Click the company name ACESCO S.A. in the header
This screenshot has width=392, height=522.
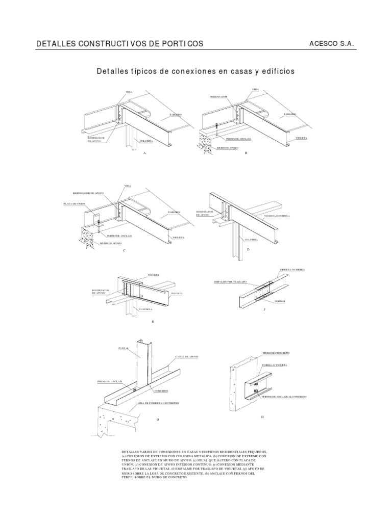[x=332, y=44]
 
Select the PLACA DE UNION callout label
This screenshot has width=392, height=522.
[x=73, y=204]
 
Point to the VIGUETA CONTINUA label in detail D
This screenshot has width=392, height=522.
[x=277, y=216]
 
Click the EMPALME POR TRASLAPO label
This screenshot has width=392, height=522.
[x=230, y=281]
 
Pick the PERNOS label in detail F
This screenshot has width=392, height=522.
[x=279, y=301]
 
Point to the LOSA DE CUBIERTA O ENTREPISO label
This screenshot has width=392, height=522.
[x=158, y=402]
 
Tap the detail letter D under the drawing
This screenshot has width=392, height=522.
[x=248, y=250]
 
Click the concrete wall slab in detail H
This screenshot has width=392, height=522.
[x=238, y=387]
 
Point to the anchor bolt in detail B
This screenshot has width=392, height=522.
[x=217, y=129]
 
